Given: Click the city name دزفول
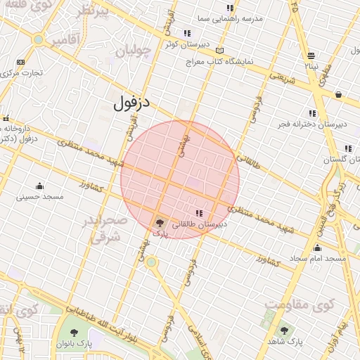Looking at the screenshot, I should [131, 104].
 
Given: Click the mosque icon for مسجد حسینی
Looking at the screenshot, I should [39, 186].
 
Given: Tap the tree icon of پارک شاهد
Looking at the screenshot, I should [285, 330].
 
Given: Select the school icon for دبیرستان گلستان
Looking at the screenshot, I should [348, 149].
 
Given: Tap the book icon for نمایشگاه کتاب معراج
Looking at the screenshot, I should [220, 51].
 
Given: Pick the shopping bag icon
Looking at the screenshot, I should [338, 94].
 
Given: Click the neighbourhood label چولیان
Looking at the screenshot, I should [134, 51].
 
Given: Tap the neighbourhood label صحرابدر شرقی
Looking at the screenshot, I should [105, 229].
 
